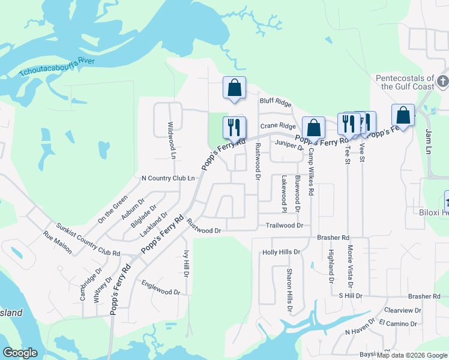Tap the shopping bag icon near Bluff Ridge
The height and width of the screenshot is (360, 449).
tap(234, 88)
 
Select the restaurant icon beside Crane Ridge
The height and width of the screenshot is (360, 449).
tap(234, 127)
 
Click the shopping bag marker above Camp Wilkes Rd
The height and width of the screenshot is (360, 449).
tap(313, 127)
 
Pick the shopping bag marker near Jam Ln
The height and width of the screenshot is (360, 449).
tap(403, 115)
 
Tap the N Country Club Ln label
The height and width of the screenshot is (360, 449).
tap(168, 178)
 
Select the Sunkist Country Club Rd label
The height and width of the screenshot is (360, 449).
tap(88, 240)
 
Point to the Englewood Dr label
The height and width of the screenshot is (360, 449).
tap(161, 287)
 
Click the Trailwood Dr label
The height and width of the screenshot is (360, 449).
tap(285, 226)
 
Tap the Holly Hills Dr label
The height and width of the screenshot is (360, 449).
tap(281, 252)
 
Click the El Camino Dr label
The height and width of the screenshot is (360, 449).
tap(398, 323)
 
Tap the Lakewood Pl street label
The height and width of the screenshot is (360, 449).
tap(284, 193)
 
